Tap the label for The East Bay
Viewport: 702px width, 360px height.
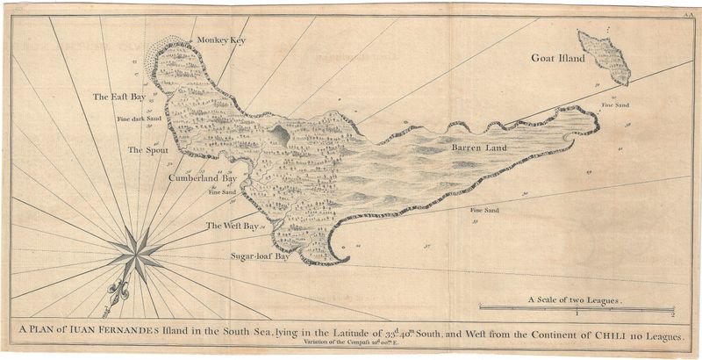(x=119, y=97)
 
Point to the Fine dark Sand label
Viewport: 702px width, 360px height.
(x=140, y=117)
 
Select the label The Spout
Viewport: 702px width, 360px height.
(x=147, y=150)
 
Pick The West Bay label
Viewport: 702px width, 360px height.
(x=232, y=227)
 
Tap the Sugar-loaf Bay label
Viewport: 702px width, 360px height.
(x=260, y=257)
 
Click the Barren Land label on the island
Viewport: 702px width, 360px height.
(x=480, y=149)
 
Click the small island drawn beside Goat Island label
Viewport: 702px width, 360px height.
(x=605, y=56)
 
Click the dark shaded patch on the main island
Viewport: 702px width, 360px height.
(x=280, y=134)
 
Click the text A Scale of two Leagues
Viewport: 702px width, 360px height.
(x=574, y=300)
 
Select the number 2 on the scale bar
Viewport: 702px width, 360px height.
(x=671, y=314)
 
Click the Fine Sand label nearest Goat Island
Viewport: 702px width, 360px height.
(x=614, y=105)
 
